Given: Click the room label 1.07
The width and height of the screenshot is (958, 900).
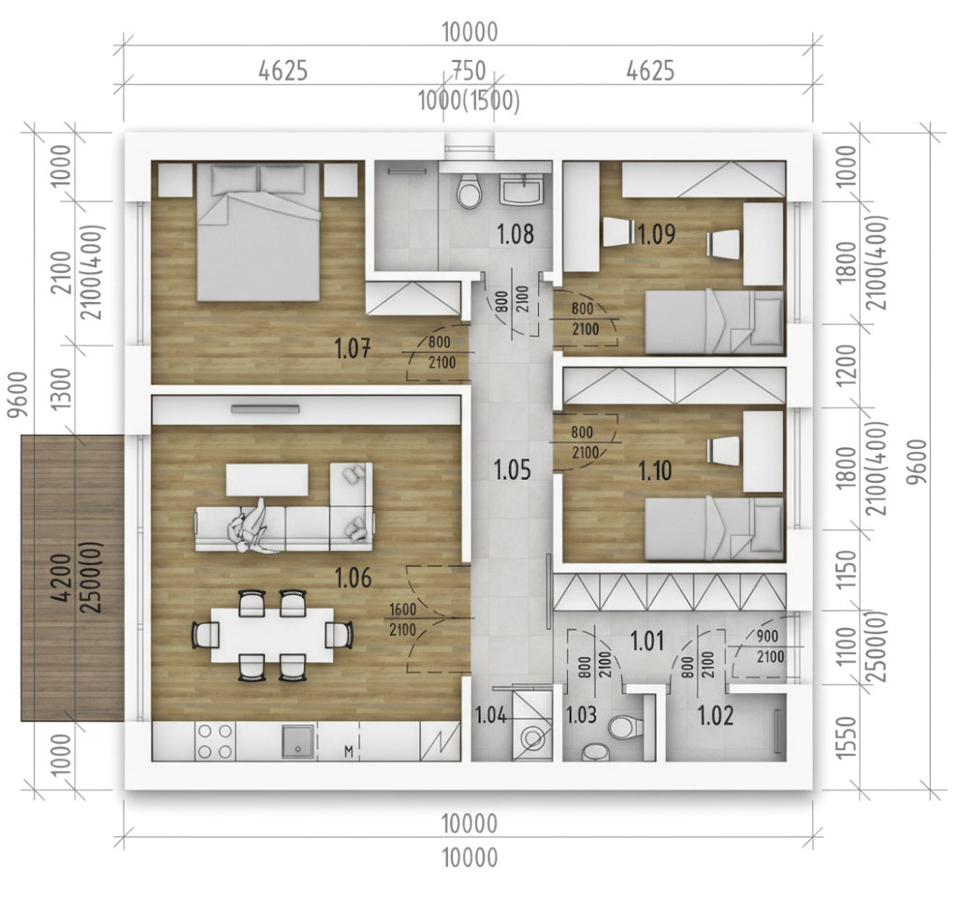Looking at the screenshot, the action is pyautogui.click(x=353, y=349).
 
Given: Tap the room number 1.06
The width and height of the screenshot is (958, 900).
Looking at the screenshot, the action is pyautogui.click(x=353, y=577).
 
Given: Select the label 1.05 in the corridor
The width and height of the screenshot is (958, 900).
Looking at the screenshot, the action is pyautogui.click(x=512, y=470).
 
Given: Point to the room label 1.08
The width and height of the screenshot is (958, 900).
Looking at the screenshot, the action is pyautogui.click(x=515, y=234).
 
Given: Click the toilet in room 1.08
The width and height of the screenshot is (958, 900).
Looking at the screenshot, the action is pyautogui.click(x=470, y=190).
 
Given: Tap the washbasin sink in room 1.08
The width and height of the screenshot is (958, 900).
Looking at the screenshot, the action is pyautogui.click(x=520, y=188).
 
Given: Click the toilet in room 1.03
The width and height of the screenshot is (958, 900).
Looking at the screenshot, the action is pyautogui.click(x=623, y=727).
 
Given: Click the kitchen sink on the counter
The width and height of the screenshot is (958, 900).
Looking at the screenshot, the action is pyautogui.click(x=298, y=741).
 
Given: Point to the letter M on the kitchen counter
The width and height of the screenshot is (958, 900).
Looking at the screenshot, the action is pyautogui.click(x=349, y=751).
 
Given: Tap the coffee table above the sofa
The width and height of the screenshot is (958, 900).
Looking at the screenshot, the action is pyautogui.click(x=267, y=480).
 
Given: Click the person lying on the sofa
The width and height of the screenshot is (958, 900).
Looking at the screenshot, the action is pyautogui.click(x=251, y=528).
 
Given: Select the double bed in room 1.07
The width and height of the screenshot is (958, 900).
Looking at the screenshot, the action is pyautogui.click(x=258, y=232).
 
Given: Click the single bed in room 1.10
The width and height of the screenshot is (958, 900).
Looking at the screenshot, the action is pyautogui.click(x=714, y=530).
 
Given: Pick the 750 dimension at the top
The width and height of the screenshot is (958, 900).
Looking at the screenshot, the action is pyautogui.click(x=469, y=71).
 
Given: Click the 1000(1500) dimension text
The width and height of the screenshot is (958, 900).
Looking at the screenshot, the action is pyautogui.click(x=470, y=101).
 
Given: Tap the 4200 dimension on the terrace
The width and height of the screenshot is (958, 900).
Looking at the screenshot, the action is pyautogui.click(x=61, y=577).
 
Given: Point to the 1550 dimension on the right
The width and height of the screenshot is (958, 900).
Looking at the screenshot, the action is pyautogui.click(x=846, y=737).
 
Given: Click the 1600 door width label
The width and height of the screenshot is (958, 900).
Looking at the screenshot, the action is pyautogui.click(x=402, y=609).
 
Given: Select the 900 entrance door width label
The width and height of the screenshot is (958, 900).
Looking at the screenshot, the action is pyautogui.click(x=767, y=636).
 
